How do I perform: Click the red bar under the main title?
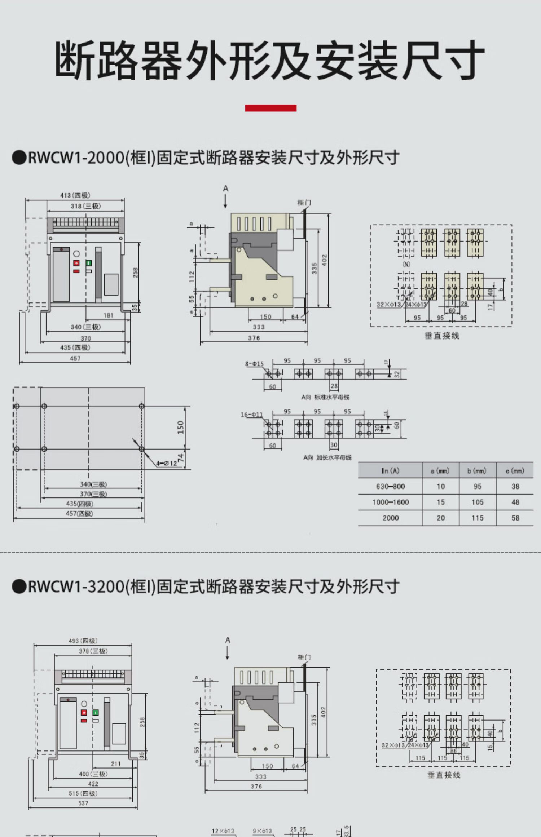coord(270,108)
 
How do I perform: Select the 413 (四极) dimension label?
coord(75,195)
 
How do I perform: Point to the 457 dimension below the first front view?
coord(75,358)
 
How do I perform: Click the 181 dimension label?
coord(108,315)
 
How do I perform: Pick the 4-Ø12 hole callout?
coord(167,463)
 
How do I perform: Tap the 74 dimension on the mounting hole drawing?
coord(181,458)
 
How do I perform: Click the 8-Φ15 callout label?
coord(254,364)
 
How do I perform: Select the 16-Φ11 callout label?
coord(252,415)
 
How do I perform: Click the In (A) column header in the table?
coord(390,471)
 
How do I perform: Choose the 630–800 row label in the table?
coord(390,487)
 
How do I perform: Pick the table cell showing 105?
coord(477,502)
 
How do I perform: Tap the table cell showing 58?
coord(515,518)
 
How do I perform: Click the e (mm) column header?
coord(515,471)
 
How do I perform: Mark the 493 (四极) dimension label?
coord(83,641)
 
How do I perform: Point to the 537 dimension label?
coord(83,803)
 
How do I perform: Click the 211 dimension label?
coord(115,763)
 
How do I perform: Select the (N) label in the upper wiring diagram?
coord(406,264)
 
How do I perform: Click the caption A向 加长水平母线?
coord(327,457)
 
